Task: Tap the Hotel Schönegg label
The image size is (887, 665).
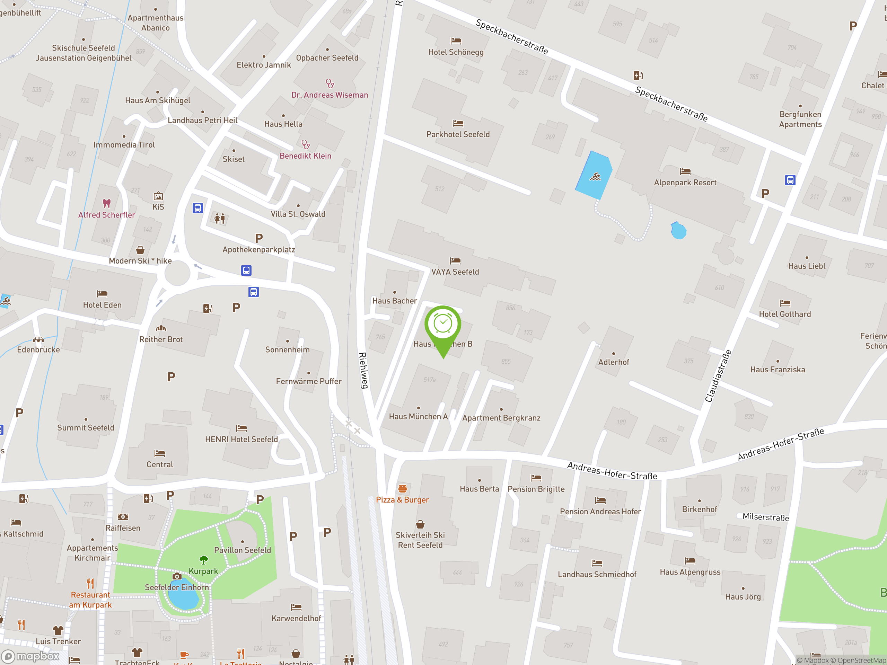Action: [456, 52]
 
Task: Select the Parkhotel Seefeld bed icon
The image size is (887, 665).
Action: [458, 123]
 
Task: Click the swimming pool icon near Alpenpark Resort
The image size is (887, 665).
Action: [595, 176]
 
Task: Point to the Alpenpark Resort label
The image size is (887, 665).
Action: [685, 183]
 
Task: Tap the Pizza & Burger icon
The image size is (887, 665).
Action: [402, 488]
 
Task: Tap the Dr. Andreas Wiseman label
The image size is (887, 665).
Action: [329, 95]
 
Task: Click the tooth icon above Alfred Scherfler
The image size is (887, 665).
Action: [106, 203]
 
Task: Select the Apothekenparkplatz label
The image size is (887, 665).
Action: [258, 249]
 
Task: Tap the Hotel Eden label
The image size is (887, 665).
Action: [102, 305]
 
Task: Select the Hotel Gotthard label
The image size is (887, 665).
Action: [784, 314]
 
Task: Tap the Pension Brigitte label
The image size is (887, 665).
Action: [536, 489]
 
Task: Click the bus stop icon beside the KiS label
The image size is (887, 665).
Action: [197, 208]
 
